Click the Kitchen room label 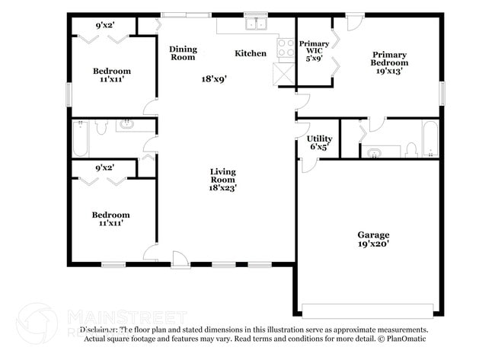click(x=251, y=53)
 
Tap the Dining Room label click(x=183, y=53)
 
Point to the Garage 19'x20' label click(x=373, y=240)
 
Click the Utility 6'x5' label click(x=319, y=142)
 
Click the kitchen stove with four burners click(x=286, y=49)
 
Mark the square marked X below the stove click(x=285, y=73)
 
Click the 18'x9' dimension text click(x=214, y=78)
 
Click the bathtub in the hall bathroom click(x=80, y=138)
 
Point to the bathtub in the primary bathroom click(x=430, y=138)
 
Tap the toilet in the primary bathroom click(x=411, y=148)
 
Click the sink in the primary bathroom click(x=374, y=152)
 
